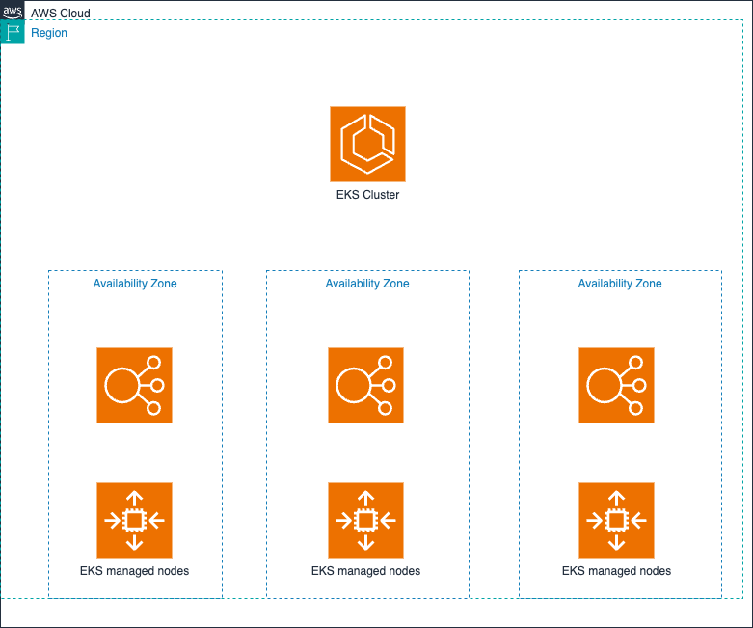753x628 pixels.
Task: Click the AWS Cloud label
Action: pyautogui.click(x=60, y=14)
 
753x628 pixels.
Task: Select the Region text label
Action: pyautogui.click(x=49, y=33)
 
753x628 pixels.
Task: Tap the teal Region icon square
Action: pyautogui.click(x=13, y=32)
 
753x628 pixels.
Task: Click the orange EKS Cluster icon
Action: pyautogui.click(x=367, y=144)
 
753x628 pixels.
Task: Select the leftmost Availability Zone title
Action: pyautogui.click(x=135, y=284)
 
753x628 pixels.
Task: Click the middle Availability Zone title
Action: pyautogui.click(x=367, y=284)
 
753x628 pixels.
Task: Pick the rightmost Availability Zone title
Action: pyautogui.click(x=620, y=284)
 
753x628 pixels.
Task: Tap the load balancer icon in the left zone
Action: pyautogui.click(x=134, y=385)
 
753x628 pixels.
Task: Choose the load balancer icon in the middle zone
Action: pyautogui.click(x=365, y=385)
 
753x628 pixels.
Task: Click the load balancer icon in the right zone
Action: pyautogui.click(x=616, y=385)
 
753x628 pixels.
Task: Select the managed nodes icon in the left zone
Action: pyautogui.click(x=134, y=520)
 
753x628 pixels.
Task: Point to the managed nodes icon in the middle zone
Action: pyautogui.click(x=365, y=520)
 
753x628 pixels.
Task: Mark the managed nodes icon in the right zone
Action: pyautogui.click(x=616, y=520)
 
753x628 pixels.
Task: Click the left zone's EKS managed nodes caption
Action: pyautogui.click(x=134, y=571)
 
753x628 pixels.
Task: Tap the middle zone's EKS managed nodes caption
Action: pyautogui.click(x=365, y=571)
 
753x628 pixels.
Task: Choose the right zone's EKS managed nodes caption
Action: pyautogui.click(x=616, y=571)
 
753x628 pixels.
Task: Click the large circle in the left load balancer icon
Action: pyautogui.click(x=121, y=385)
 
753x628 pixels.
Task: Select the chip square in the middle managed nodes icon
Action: pyautogui.click(x=365, y=520)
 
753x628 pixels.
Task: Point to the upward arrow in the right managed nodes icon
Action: pyautogui.click(x=616, y=498)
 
